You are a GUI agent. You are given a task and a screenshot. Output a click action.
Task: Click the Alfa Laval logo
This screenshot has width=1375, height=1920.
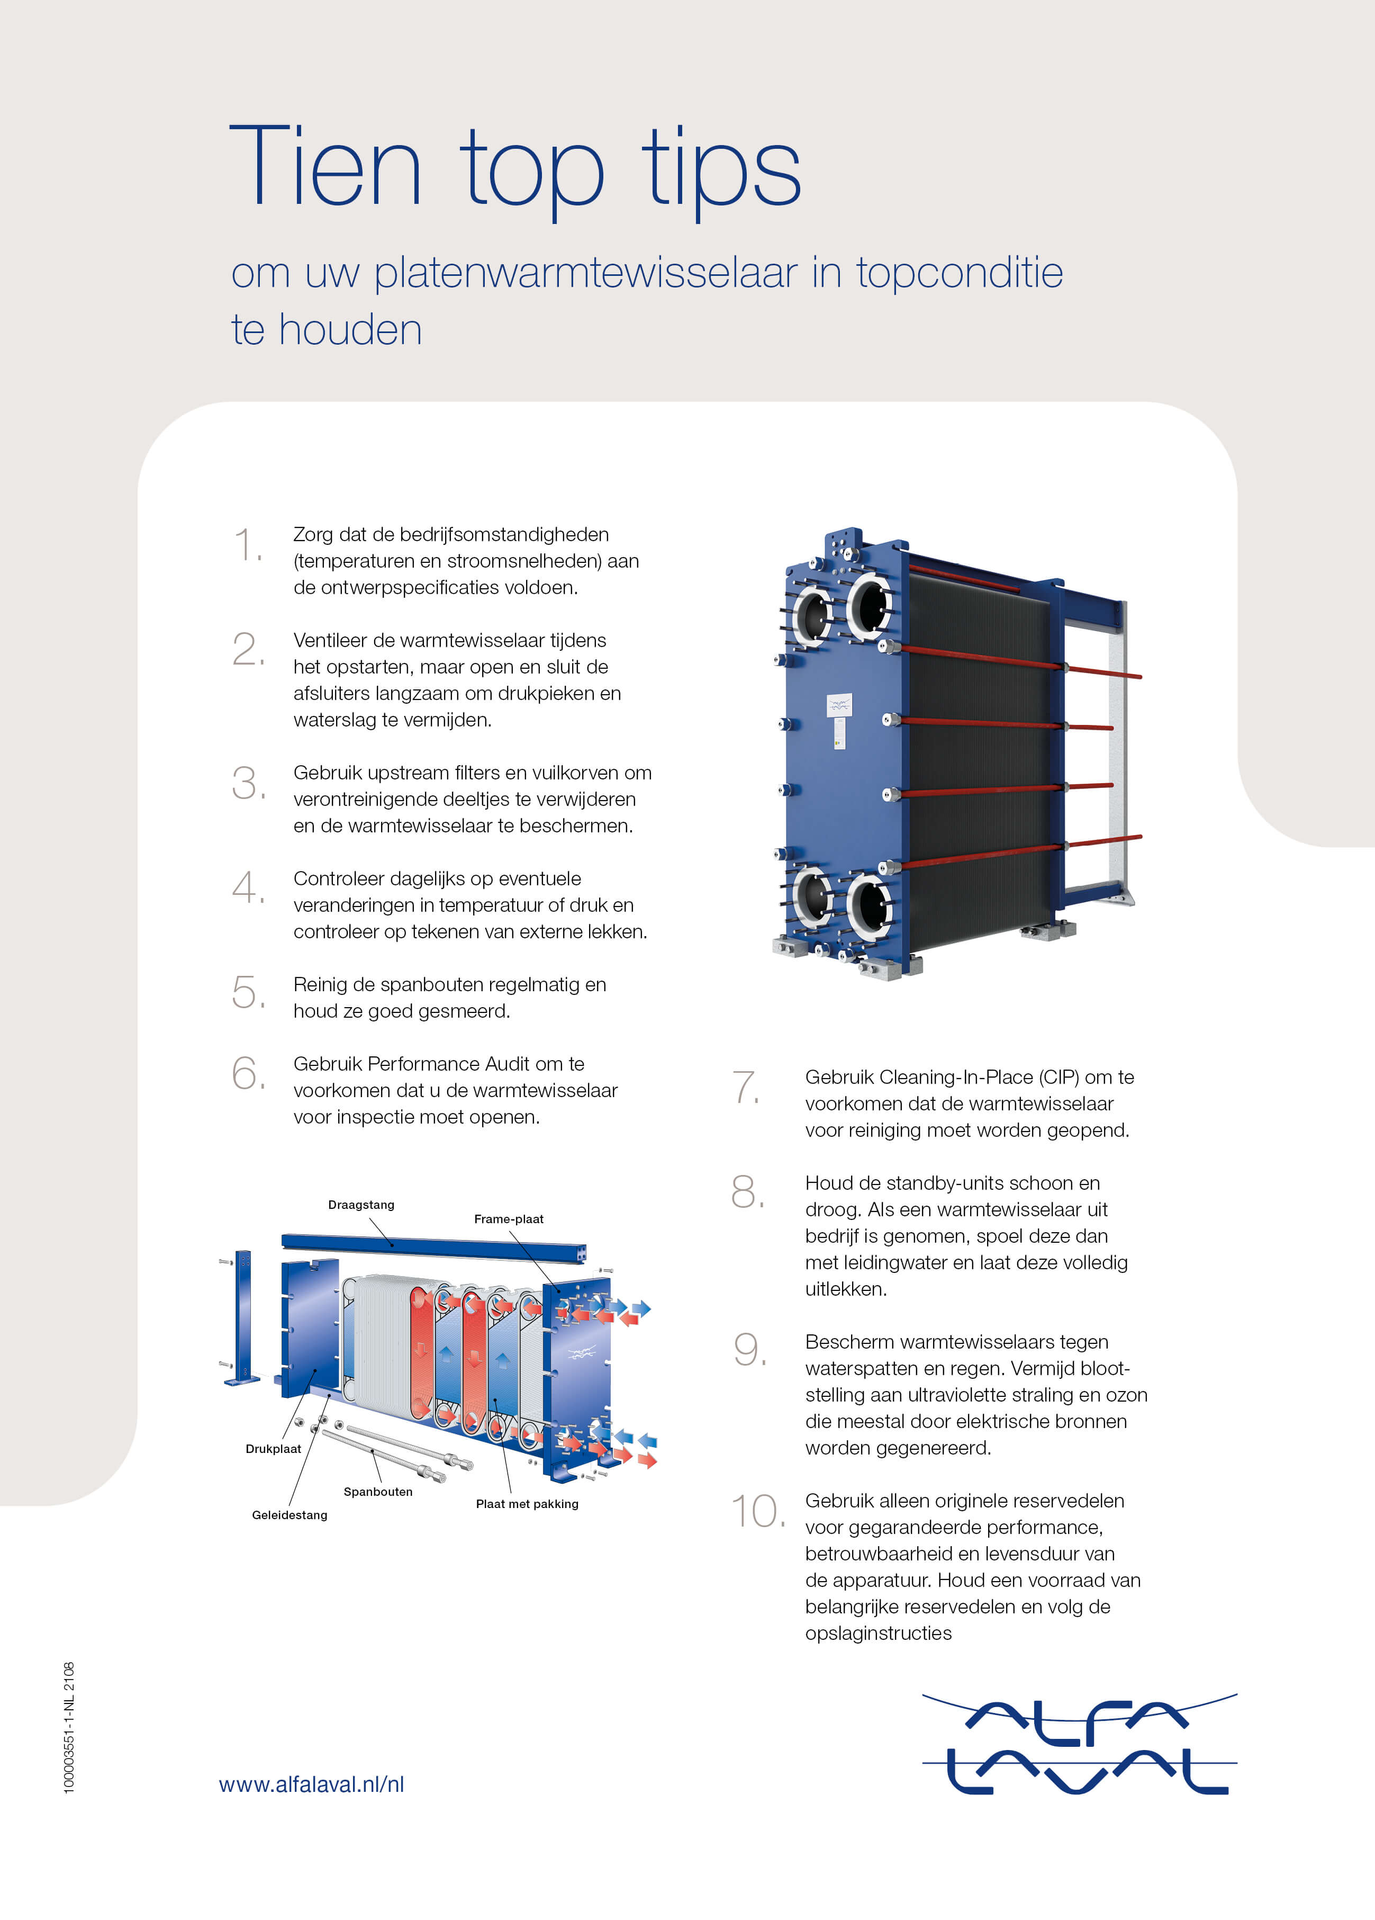[1079, 1746]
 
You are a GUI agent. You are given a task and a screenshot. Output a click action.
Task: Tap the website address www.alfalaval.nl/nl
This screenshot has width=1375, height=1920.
[311, 1784]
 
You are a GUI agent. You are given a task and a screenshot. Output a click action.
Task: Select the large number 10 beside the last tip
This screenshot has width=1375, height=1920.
[757, 1512]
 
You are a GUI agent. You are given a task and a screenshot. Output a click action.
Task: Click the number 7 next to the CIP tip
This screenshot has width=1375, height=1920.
[746, 1088]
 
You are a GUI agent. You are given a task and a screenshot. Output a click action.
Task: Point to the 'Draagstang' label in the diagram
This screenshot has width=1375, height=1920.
[361, 1205]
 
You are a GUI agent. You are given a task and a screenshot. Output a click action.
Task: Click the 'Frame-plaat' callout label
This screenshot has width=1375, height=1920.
[509, 1219]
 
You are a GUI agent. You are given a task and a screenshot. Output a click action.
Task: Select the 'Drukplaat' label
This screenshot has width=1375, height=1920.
[273, 1448]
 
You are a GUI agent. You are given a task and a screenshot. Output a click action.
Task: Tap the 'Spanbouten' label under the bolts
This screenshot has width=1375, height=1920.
[378, 1492]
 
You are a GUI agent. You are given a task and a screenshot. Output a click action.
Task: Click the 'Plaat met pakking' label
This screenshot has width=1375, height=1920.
[527, 1503]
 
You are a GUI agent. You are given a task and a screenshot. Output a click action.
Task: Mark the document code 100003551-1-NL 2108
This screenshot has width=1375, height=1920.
[69, 1727]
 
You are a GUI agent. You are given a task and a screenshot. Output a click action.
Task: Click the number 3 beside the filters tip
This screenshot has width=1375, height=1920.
[247, 783]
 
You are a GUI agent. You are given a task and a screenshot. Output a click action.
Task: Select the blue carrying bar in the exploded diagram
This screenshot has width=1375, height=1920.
[433, 1246]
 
